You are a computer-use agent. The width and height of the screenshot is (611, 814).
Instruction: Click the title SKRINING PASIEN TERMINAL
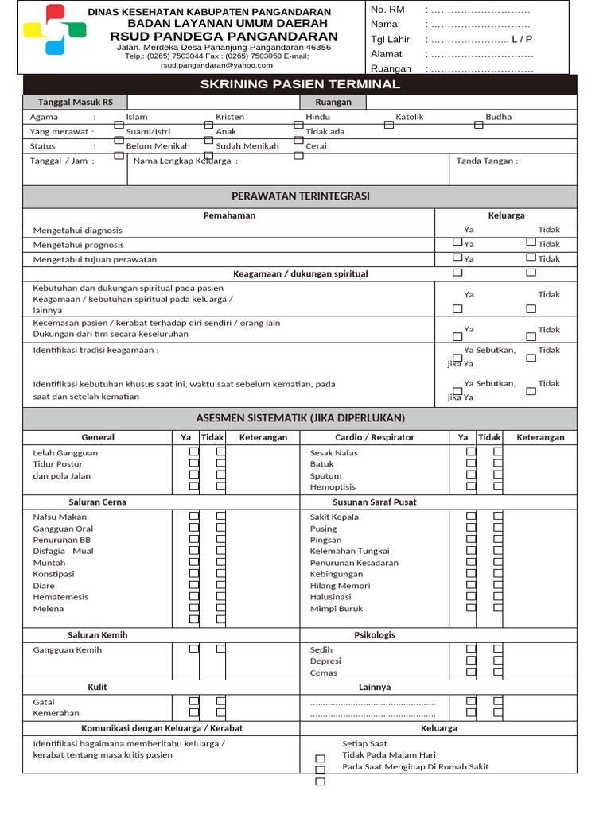click(x=300, y=84)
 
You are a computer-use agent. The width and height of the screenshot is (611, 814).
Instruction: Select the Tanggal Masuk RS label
click(x=76, y=102)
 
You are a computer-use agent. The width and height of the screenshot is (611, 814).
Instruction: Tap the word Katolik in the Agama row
click(x=410, y=117)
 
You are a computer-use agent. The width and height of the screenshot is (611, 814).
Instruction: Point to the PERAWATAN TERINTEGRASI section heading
click(x=300, y=196)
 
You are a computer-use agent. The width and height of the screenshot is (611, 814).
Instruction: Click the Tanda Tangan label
click(x=486, y=161)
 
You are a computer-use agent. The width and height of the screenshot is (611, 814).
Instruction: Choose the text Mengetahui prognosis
click(x=78, y=245)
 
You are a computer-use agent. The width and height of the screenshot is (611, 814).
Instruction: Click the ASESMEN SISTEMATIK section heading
click(x=300, y=417)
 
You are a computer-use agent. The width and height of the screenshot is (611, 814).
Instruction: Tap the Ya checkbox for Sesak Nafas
click(x=471, y=452)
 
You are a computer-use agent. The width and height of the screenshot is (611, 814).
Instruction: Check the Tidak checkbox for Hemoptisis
click(x=498, y=486)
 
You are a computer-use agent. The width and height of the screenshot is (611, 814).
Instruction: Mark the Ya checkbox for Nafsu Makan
click(x=193, y=516)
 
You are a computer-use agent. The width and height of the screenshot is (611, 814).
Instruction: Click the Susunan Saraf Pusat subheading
click(x=374, y=502)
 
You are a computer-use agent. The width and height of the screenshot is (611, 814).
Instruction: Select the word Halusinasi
click(x=330, y=597)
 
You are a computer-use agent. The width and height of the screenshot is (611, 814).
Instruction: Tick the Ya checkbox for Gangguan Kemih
click(x=193, y=649)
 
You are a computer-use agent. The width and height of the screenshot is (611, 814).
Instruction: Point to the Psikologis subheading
click(x=374, y=635)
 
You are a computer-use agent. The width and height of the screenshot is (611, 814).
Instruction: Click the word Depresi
click(x=325, y=661)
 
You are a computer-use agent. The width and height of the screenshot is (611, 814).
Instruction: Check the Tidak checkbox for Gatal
click(x=221, y=701)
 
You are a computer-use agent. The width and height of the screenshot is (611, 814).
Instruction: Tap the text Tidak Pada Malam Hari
click(x=388, y=754)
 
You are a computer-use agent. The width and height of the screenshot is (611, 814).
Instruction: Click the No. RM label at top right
click(x=387, y=10)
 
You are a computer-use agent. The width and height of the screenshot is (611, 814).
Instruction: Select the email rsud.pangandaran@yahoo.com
click(x=216, y=66)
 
